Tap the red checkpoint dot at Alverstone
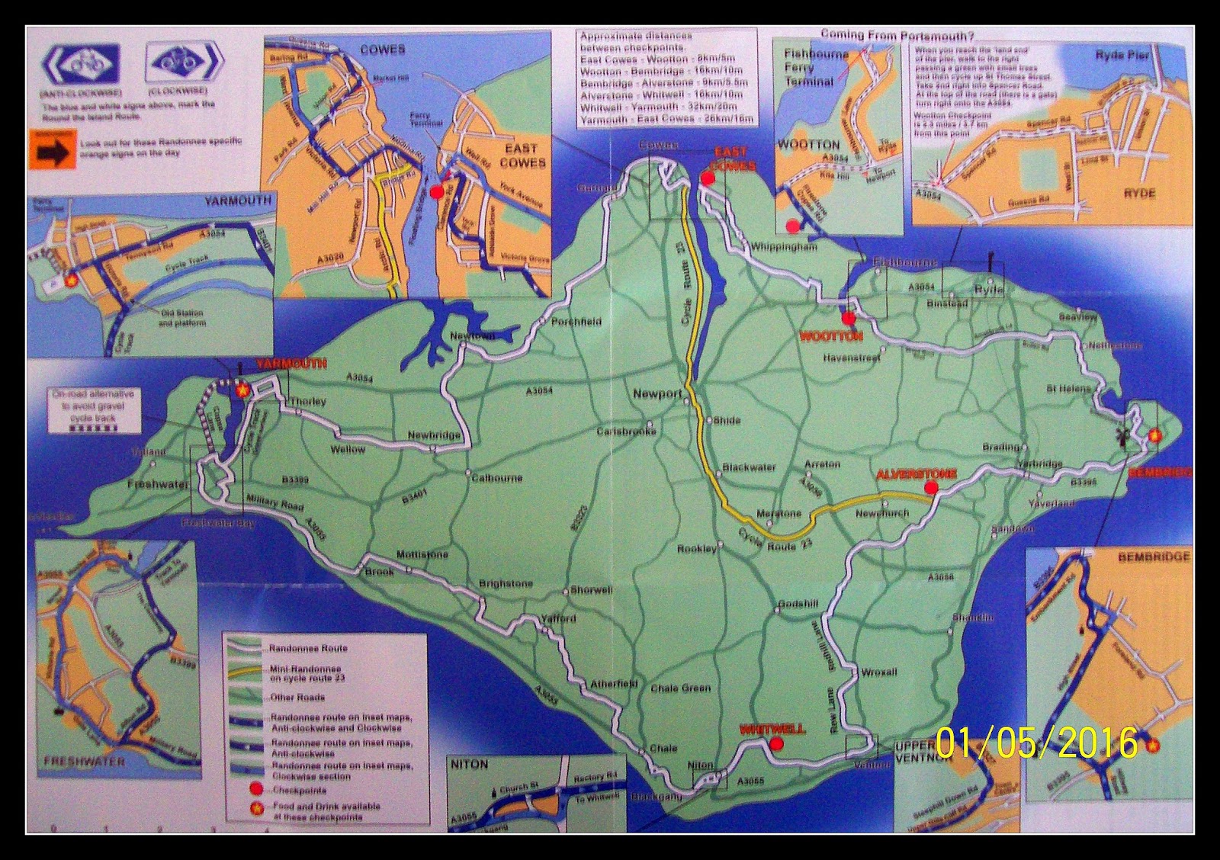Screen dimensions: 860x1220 point(930,488)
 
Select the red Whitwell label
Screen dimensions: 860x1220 point(772,729)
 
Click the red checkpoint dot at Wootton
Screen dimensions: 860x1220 point(849,319)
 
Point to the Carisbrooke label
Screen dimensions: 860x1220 point(626,432)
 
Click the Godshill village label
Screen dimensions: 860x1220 point(798,605)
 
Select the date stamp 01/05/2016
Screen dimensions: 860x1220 point(1037,742)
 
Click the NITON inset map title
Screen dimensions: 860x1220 point(469,764)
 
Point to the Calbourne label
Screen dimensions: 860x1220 point(496,478)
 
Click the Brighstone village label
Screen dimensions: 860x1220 point(506,584)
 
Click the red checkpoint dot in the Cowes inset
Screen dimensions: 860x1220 point(436,193)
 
